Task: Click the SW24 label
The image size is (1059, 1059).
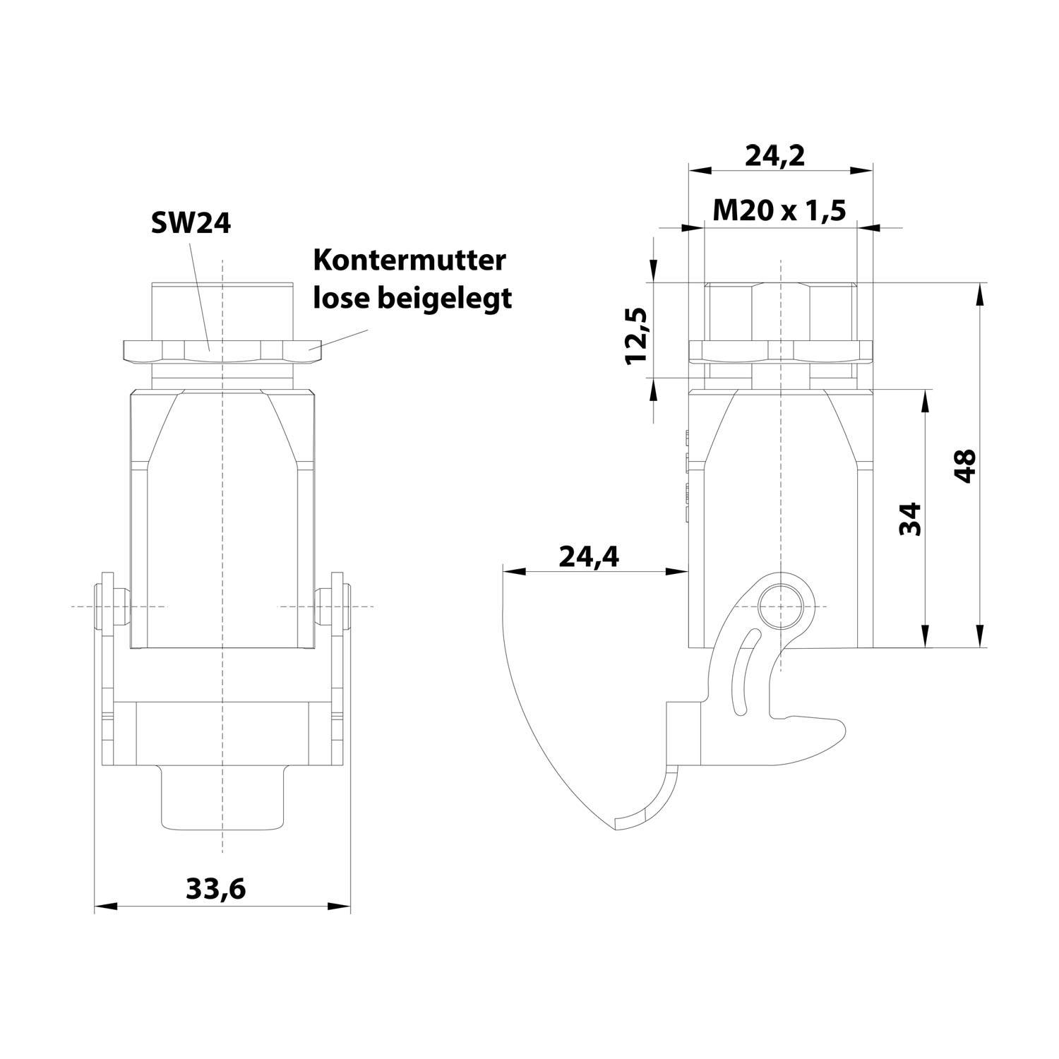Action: tap(191, 224)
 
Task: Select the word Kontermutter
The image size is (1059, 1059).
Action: tap(409, 261)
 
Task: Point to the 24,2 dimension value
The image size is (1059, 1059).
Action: tap(775, 156)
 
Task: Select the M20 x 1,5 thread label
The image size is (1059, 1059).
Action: tap(779, 210)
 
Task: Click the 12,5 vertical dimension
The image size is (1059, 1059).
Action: tap(637, 335)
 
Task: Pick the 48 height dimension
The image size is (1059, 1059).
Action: tap(964, 465)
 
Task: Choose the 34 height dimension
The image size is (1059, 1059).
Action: tap(911, 519)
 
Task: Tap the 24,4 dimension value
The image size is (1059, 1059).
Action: tap(589, 557)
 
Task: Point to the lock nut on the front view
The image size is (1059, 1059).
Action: tap(222, 350)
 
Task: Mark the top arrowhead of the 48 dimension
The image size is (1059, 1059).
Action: tap(979, 292)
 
